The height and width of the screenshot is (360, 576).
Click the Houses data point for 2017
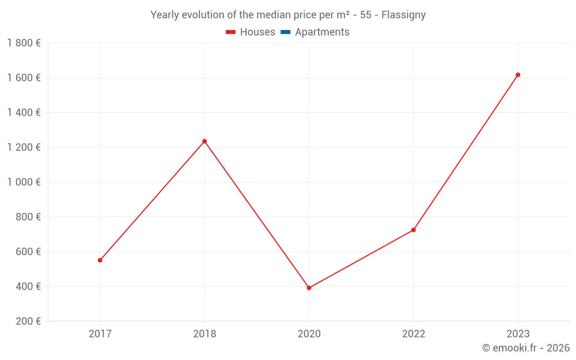click(100, 260)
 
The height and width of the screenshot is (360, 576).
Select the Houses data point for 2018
click(204, 141)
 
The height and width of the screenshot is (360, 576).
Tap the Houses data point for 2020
click(309, 288)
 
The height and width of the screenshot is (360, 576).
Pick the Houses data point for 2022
click(414, 230)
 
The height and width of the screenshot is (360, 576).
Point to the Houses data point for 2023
click(518, 75)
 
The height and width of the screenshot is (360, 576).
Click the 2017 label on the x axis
click(100, 334)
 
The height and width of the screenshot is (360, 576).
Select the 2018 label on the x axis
click(204, 334)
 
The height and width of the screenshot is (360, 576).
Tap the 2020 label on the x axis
click(309, 334)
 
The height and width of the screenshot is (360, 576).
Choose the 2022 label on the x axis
click(414, 334)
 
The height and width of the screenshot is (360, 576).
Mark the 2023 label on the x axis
click(518, 334)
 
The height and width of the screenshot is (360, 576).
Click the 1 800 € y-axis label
click(24, 43)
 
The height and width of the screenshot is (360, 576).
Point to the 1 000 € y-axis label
click(24, 182)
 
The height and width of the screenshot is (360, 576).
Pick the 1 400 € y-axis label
click(24, 112)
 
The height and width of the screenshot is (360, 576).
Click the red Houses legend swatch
click(231, 32)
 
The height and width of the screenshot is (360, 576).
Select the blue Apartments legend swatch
click(285, 32)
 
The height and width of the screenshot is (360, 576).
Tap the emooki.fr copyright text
click(525, 348)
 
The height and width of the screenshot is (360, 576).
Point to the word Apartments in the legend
click(322, 32)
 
